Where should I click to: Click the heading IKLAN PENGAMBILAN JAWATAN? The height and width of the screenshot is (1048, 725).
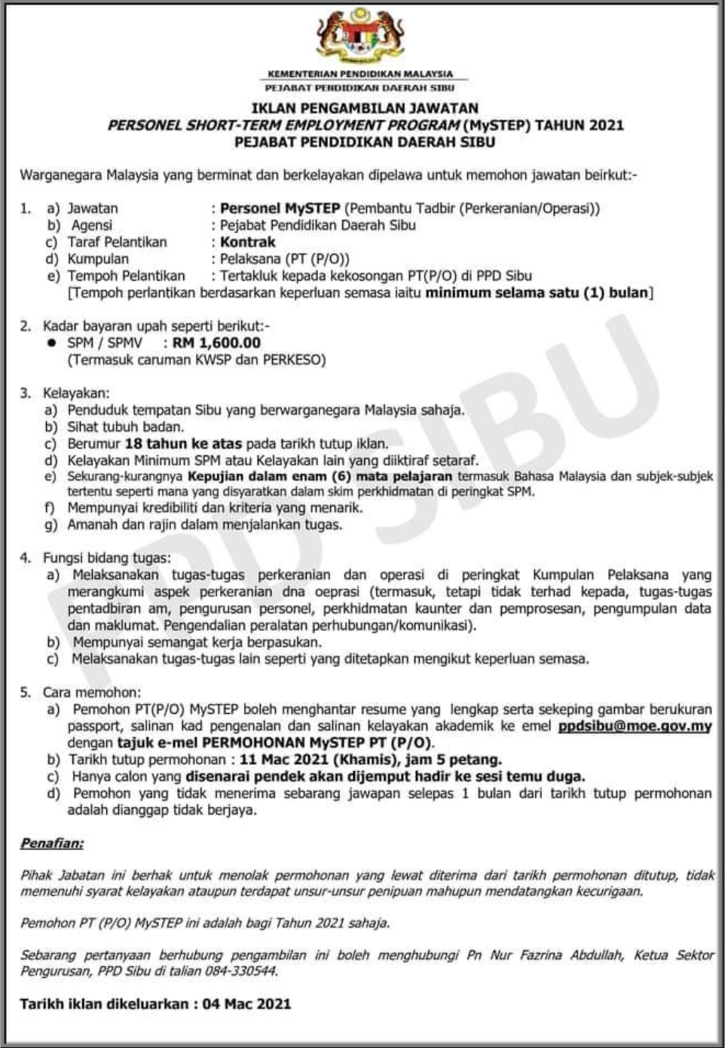tap(365, 108)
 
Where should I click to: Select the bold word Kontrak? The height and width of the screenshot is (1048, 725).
tap(248, 242)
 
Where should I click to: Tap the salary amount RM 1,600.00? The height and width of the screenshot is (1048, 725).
tap(216, 343)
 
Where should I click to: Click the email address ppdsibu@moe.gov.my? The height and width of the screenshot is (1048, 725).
tap(635, 727)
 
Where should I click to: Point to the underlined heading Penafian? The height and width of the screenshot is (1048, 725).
tap(52, 843)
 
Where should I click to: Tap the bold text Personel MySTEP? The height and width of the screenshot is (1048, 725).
tap(280, 209)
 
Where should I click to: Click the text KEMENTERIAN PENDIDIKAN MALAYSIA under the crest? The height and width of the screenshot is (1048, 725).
tap(360, 74)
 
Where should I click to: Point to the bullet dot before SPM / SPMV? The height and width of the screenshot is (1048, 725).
tap(52, 343)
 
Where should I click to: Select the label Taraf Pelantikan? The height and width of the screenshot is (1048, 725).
tap(117, 242)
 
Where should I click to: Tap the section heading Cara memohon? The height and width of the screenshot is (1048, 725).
tap(91, 692)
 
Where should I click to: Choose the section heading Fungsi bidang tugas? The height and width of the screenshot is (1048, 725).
tap(106, 558)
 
